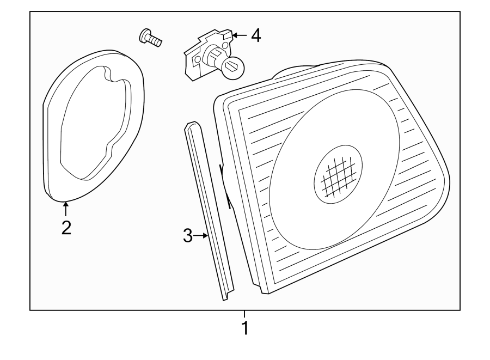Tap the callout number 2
[66, 227]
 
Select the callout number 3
[187, 236]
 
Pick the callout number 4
[255, 36]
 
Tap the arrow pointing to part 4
[240, 36]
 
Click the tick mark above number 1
[244, 314]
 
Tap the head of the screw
[144, 35]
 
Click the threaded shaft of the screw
[157, 40]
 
